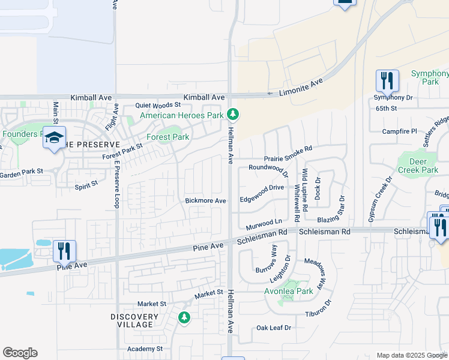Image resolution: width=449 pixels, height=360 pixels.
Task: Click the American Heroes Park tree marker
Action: pyautogui.click(x=233, y=114)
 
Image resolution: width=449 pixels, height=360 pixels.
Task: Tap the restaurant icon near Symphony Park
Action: pyautogui.click(x=387, y=80)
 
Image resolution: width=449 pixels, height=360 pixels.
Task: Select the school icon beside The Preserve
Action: pyautogui.click(x=54, y=139)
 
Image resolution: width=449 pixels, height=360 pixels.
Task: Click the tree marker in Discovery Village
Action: pyautogui.click(x=184, y=317)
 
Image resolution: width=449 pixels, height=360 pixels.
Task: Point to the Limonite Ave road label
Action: pyautogui.click(x=302, y=87)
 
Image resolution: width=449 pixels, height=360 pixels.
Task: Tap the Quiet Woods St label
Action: pyautogui.click(x=158, y=105)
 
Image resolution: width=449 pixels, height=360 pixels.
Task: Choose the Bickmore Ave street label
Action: pyautogui.click(x=205, y=200)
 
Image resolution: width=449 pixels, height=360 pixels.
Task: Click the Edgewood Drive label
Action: pyautogui.click(x=262, y=188)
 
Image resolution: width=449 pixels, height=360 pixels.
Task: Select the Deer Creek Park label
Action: pyautogui.click(x=418, y=166)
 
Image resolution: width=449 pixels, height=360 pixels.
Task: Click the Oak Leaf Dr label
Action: pyautogui.click(x=274, y=328)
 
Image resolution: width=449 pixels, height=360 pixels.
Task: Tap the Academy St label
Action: pyautogui.click(x=145, y=349)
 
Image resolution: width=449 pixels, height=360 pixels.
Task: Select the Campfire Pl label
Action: pyautogui.click(x=400, y=131)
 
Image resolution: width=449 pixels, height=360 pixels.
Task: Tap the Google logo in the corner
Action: pyautogui.click(x=20, y=353)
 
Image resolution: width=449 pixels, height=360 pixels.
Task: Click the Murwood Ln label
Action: pyautogui.click(x=264, y=225)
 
